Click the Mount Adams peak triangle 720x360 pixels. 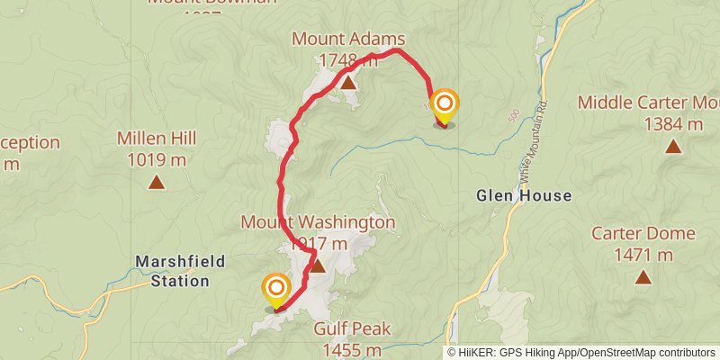[x=348, y=83]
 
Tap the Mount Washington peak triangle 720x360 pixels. [x=317, y=265]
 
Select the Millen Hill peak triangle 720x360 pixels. [x=157, y=183]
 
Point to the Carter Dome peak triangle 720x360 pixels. [x=643, y=276]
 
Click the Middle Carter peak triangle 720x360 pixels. [x=672, y=146]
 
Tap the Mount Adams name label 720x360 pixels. [x=347, y=39]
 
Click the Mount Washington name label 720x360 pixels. [x=318, y=221]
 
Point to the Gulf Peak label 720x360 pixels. [x=352, y=328]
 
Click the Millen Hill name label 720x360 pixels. [x=157, y=139]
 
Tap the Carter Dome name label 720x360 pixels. [x=643, y=234]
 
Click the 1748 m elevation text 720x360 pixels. [x=348, y=60]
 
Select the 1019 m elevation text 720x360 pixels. [x=157, y=161]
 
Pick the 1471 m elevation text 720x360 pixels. [x=643, y=255]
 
